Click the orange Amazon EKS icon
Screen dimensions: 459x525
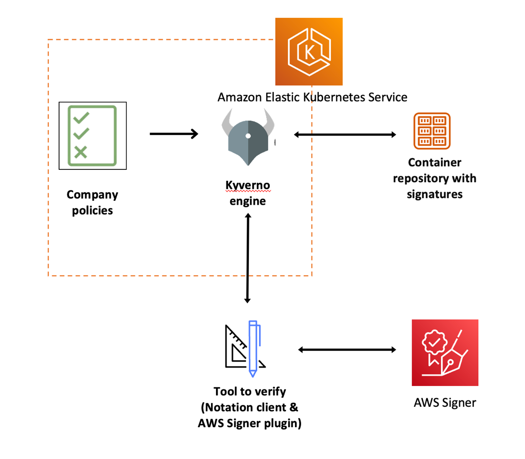(309, 52)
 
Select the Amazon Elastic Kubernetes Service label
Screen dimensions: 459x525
(312, 97)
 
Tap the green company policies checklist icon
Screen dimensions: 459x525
(93, 135)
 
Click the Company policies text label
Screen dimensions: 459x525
(92, 203)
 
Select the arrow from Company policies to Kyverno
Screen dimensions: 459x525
(174, 134)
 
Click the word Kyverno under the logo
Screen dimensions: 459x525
(248, 186)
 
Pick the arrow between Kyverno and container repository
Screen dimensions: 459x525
(345, 135)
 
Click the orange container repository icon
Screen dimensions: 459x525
(432, 131)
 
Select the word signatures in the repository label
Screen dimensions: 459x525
(434, 194)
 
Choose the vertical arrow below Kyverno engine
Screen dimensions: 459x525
(248, 258)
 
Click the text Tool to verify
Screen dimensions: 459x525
(249, 391)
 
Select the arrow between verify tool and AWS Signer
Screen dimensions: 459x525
(347, 350)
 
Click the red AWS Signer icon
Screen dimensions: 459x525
(445, 352)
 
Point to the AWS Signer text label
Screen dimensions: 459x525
(445, 403)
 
